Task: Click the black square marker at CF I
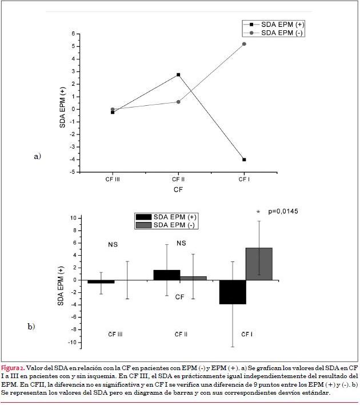[244, 160]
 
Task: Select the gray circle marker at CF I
[244, 44]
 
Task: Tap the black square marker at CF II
[178, 74]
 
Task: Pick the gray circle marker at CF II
[178, 102]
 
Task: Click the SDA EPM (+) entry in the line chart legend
[276, 25]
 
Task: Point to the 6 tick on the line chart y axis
[74, 34]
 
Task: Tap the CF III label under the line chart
[113, 179]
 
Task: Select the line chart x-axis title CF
[178, 189]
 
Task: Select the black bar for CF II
[167, 275]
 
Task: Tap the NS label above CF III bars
[113, 245]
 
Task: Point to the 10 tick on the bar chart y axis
[73, 218]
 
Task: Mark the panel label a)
[38, 156]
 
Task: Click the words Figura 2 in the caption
[13, 367]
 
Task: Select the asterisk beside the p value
[258, 212]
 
